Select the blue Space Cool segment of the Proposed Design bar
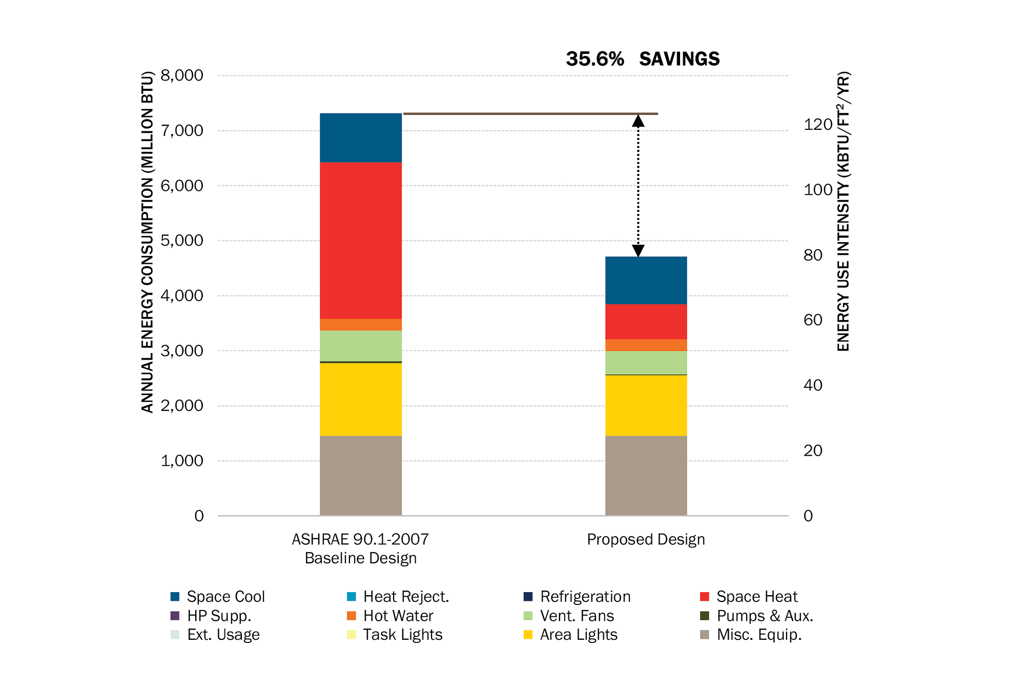click(646, 280)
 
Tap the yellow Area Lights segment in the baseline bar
click(360, 399)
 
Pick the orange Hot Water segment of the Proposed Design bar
click(646, 345)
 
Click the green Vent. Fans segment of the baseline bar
click(360, 345)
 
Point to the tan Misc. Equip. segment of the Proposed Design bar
click(646, 476)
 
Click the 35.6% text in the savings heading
click(594, 59)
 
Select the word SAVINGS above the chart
click(679, 59)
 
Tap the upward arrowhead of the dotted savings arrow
click(638, 121)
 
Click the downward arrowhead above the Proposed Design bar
click(638, 250)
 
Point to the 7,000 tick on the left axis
click(182, 130)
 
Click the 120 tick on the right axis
click(817, 124)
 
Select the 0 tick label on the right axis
click(808, 516)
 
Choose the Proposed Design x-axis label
click(646, 539)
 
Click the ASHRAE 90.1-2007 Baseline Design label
click(360, 548)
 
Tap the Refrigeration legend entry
click(585, 597)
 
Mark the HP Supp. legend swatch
click(175, 616)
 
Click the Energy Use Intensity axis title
click(843, 211)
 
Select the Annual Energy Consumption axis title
click(147, 242)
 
